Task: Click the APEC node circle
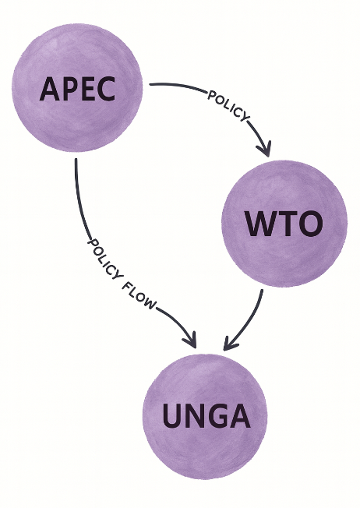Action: [x=78, y=87]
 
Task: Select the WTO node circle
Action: [x=284, y=224]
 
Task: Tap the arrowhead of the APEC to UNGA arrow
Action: [x=191, y=341]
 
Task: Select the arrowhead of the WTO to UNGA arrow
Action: [x=228, y=344]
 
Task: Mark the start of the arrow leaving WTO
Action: [x=263, y=291]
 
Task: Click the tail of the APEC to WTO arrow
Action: [x=150, y=85]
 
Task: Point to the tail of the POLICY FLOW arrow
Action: [x=76, y=161]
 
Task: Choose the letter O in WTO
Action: [x=309, y=224]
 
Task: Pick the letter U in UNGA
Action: [x=174, y=417]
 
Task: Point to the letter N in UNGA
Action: [x=195, y=417]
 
